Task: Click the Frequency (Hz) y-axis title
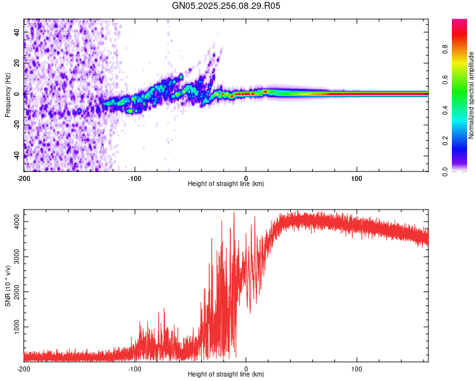[x=8, y=95]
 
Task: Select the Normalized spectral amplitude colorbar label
[x=471, y=95]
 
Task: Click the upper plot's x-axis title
[x=226, y=184]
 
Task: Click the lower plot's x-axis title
[x=226, y=374]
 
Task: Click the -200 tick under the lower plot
[x=24, y=368]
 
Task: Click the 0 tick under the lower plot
[x=246, y=368]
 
